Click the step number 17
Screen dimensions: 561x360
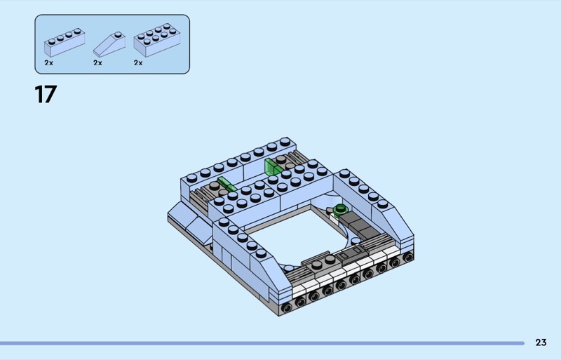tap(46, 94)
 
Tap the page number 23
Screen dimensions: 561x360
tap(541, 342)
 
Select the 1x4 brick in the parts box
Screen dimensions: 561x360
tap(65, 42)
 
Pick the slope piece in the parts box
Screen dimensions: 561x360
tap(109, 44)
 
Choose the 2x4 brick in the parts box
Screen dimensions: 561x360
tap(157, 40)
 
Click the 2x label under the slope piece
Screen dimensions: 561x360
tap(97, 62)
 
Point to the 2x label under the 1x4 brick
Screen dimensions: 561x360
tap(48, 62)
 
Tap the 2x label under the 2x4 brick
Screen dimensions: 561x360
tap(138, 62)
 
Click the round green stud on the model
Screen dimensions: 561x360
tap(340, 209)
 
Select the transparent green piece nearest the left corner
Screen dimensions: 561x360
tap(226, 183)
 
